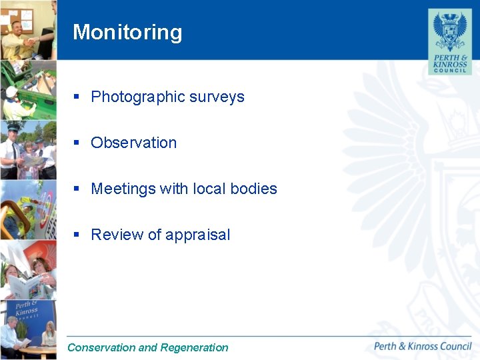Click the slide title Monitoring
pos(127,32)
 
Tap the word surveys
pos(217,97)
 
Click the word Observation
pos(133,143)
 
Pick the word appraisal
pos(197,235)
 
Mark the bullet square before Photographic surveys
pos(77,97)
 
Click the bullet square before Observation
pos(77,143)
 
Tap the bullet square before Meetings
pos(77,189)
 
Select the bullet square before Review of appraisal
pos(77,235)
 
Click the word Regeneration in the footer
pos(194,347)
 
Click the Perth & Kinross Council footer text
pos(423,346)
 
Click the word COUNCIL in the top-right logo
pos(449,69)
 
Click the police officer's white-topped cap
pos(13,127)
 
